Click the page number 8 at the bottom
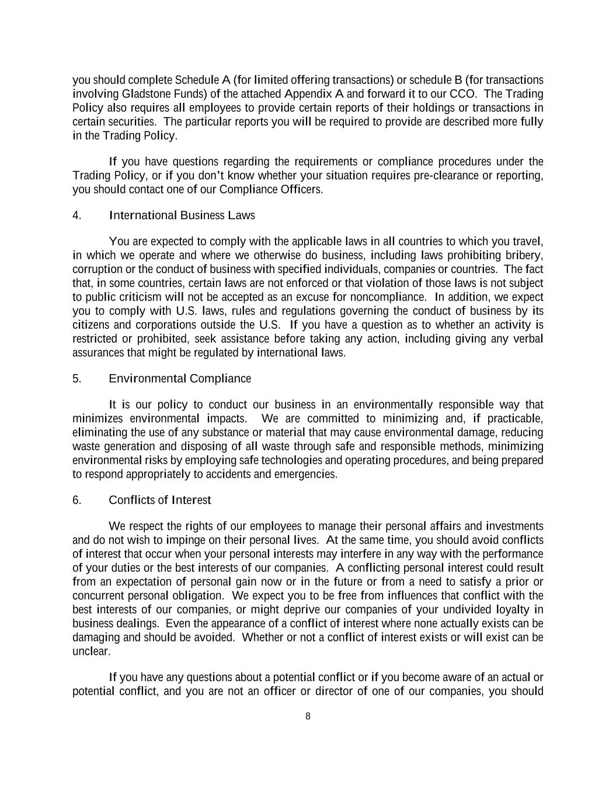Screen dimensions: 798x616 pyautogui.click(x=308, y=717)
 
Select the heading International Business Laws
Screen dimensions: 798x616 pyautogui.click(x=182, y=216)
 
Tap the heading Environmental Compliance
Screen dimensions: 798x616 pyautogui.click(x=180, y=379)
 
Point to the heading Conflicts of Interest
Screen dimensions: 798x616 pyautogui.click(x=159, y=500)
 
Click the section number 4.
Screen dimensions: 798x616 pyautogui.click(x=76, y=216)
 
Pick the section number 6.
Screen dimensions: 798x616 pyautogui.click(x=76, y=500)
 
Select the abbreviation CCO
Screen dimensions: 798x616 pyautogui.click(x=462, y=94)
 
